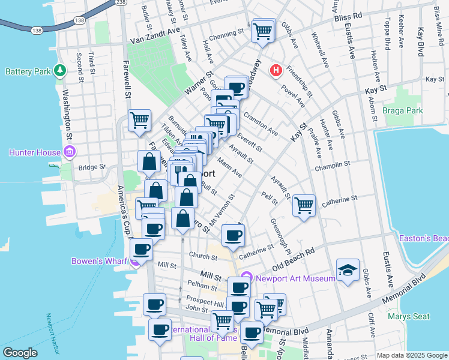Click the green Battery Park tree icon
[59, 71]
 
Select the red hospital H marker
[276, 71]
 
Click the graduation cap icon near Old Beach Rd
[348, 271]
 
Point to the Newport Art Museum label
[295, 278]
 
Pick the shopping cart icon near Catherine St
[304, 206]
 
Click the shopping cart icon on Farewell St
[139, 120]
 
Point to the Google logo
[20, 353]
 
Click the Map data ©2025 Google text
[412, 355]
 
